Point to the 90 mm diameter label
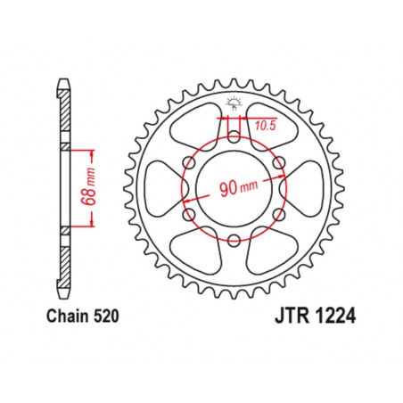pyautogui.click(x=234, y=188)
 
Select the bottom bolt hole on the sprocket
pyautogui.click(x=234, y=241)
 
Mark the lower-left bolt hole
pyautogui.click(x=188, y=214)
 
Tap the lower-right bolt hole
pyautogui.click(x=279, y=214)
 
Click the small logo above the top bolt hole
pyautogui.click(x=234, y=99)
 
